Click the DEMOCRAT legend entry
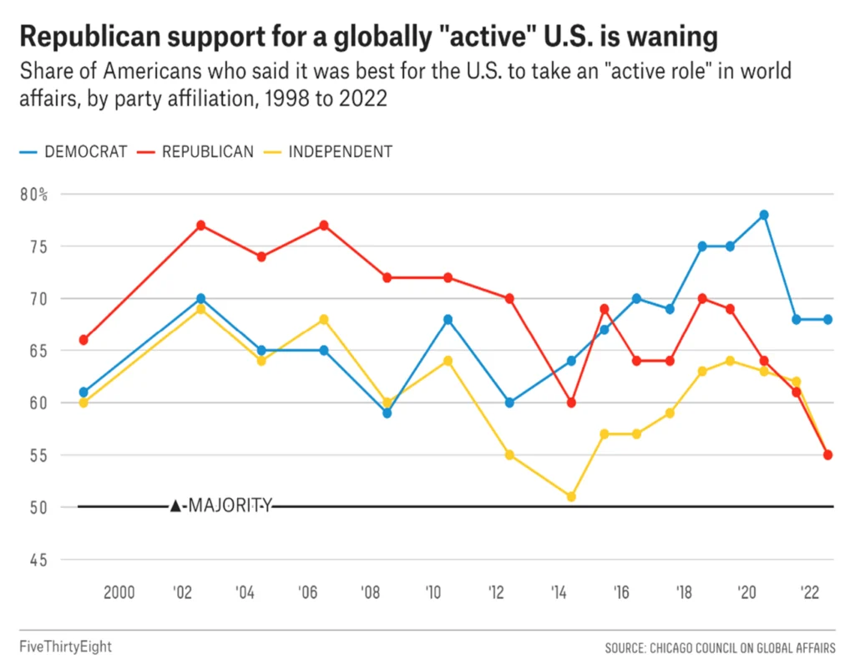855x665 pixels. pyautogui.click(x=73, y=152)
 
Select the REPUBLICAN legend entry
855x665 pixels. pyautogui.click(x=195, y=152)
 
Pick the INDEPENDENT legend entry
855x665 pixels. pyautogui.click(x=327, y=152)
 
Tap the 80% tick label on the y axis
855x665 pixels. pyautogui.click(x=33, y=195)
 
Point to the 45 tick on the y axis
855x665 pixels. pyautogui.click(x=38, y=560)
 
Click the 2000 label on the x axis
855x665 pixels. pyautogui.click(x=119, y=592)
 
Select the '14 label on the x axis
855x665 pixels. pyautogui.click(x=559, y=592)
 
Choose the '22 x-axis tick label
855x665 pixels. pyautogui.click(x=810, y=592)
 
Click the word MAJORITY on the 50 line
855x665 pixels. pyautogui.click(x=230, y=505)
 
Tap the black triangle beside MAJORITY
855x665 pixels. pyautogui.click(x=175, y=506)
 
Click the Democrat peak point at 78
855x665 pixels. pyautogui.click(x=764, y=215)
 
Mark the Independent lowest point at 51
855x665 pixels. pyautogui.click(x=571, y=496)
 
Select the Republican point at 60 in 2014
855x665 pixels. pyautogui.click(x=571, y=403)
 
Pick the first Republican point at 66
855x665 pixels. pyautogui.click(x=83, y=340)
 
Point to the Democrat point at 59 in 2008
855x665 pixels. pyautogui.click(x=387, y=413)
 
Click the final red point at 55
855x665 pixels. pyautogui.click(x=827, y=455)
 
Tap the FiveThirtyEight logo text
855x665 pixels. pyautogui.click(x=65, y=647)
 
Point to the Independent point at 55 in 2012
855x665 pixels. pyautogui.click(x=509, y=455)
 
